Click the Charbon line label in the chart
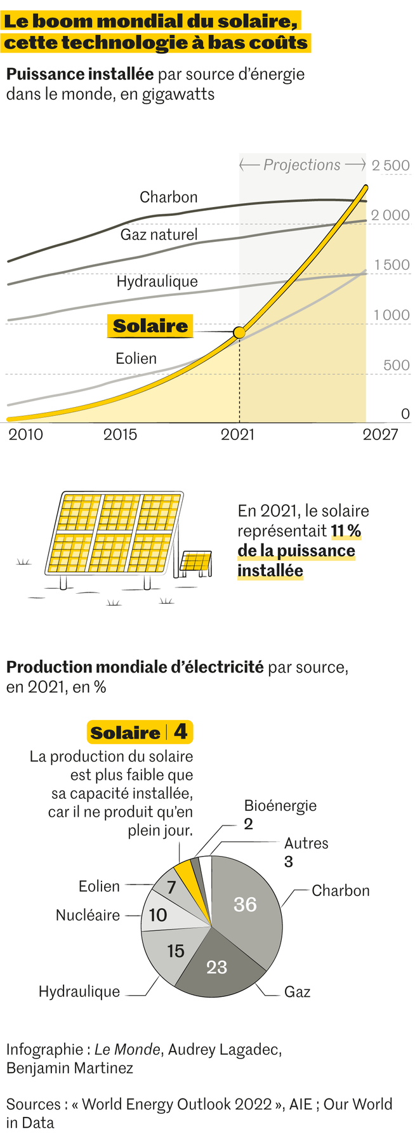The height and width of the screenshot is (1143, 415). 168,197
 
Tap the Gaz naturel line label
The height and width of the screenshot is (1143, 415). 159,235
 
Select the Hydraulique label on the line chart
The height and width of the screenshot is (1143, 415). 157,281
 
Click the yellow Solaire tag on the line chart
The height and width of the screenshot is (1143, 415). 150,326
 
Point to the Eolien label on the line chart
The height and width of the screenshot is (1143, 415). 136,359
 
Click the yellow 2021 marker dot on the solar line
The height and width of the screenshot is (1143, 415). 239,332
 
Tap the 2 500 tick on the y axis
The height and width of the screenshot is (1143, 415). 390,166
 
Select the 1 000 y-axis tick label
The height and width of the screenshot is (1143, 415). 391,315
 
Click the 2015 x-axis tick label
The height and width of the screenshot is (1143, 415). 120,434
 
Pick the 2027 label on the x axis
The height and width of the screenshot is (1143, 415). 380,434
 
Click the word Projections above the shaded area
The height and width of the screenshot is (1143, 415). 302,165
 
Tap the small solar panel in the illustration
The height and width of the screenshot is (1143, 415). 196,562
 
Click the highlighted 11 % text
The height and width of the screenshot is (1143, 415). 346,531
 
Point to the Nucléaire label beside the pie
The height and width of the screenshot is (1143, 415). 88,915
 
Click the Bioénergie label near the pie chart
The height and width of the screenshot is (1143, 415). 280,806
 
